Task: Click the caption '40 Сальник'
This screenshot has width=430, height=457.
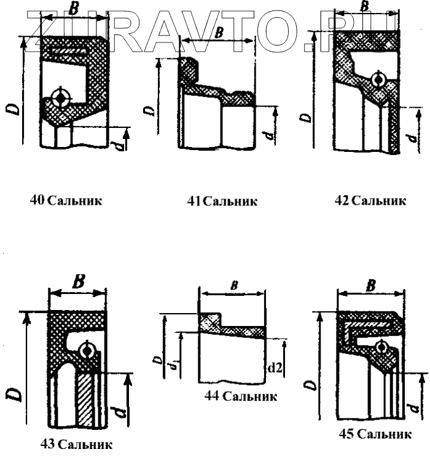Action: [x=66, y=200]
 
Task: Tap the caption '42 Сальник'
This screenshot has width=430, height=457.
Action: [x=370, y=201]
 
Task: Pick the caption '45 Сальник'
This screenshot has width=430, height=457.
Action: [x=375, y=434]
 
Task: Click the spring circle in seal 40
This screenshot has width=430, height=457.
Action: [x=61, y=98]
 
